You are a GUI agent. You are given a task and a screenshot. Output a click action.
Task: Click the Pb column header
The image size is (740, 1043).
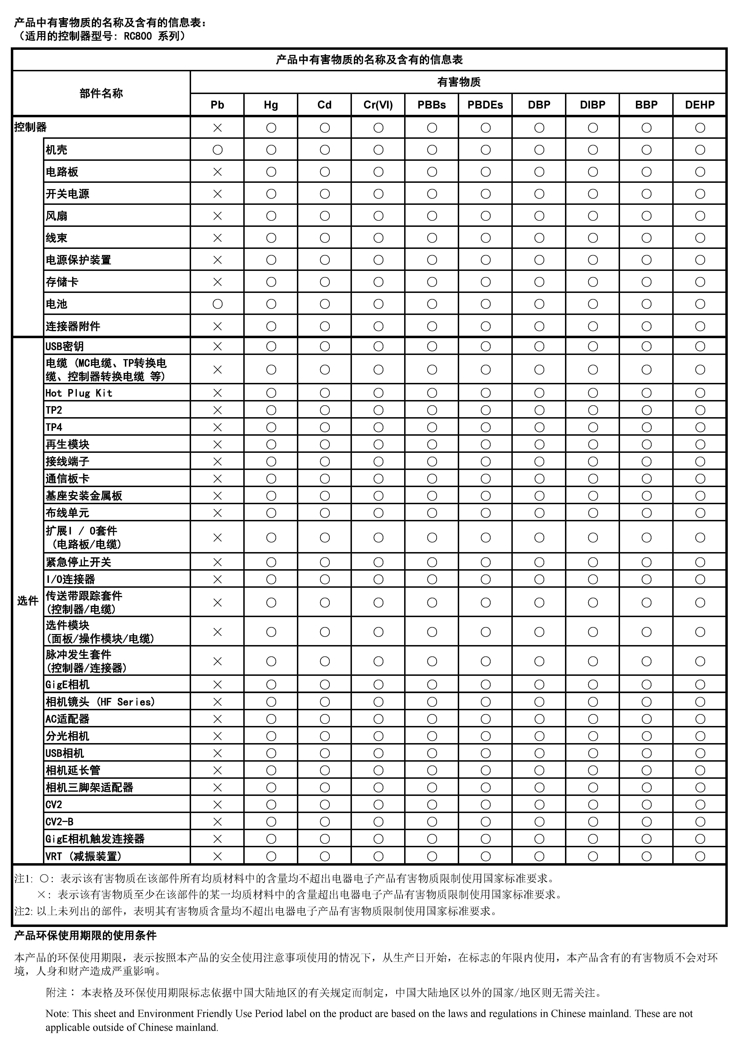point(217,105)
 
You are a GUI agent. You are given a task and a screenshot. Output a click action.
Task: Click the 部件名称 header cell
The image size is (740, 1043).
point(101,93)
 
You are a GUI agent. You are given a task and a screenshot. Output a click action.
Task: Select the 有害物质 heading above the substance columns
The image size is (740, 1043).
point(458,82)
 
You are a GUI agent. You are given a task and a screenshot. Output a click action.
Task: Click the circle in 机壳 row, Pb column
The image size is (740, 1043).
point(217,150)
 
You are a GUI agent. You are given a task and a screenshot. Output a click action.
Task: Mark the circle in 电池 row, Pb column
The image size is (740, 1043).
point(217,304)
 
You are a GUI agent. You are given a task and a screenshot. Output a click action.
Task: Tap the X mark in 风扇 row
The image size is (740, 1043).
point(217,216)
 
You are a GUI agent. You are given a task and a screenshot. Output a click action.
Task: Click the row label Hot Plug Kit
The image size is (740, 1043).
point(78,393)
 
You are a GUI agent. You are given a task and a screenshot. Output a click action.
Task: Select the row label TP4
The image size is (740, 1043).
point(54,427)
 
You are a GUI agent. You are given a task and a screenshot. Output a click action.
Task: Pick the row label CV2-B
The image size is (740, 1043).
point(59,821)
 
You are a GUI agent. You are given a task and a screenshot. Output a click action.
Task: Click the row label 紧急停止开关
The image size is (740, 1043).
point(78,562)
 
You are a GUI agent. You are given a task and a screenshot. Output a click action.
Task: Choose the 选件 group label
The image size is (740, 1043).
point(27,601)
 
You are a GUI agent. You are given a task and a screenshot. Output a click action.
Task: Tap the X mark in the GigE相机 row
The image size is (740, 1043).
point(217,684)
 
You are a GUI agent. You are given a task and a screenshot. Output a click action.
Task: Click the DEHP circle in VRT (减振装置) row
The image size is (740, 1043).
point(700,856)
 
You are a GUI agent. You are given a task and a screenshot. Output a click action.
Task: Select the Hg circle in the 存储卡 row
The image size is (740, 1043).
point(271,282)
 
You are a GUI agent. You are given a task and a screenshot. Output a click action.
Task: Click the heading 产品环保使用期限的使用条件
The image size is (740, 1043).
point(85,935)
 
